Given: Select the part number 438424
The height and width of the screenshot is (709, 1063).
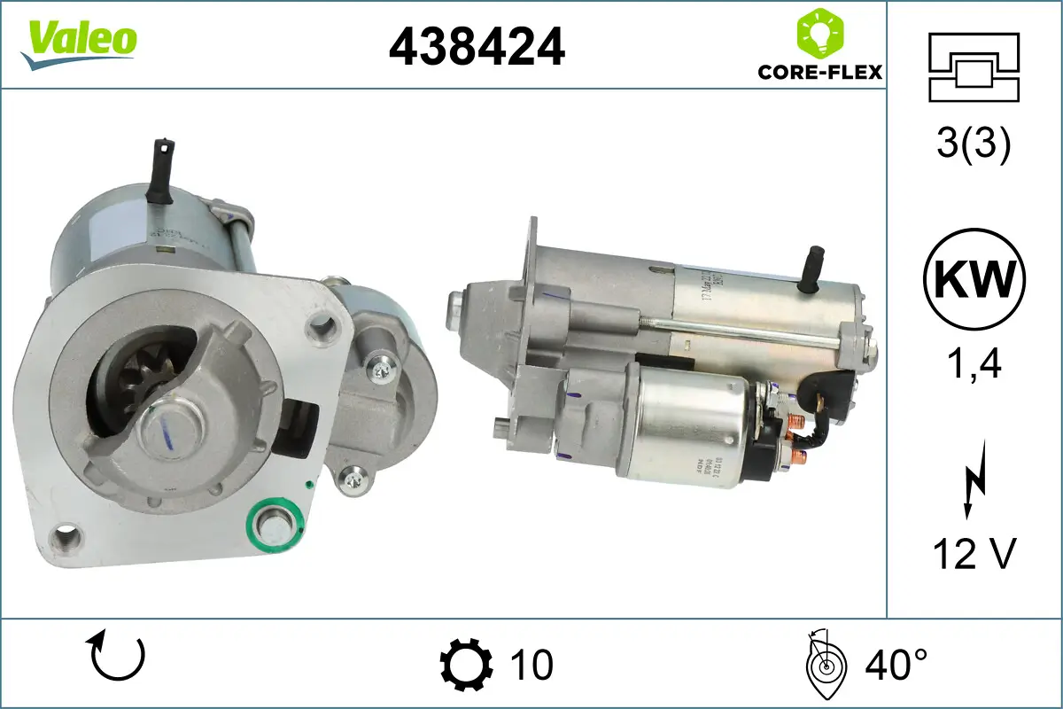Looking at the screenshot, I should click(477, 46).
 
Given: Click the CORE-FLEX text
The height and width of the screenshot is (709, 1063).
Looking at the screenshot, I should click(819, 72).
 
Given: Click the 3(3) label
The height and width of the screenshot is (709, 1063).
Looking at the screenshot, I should click(974, 145).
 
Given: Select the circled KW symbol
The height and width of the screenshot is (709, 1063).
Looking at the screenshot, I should click(974, 280).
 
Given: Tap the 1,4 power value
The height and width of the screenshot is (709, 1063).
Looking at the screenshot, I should click(974, 363).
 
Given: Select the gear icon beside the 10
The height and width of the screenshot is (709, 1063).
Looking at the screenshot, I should click(466, 665).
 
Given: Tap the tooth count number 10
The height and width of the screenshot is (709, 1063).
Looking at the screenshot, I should click(531, 665).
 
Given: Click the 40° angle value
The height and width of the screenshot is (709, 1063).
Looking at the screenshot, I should click(895, 664).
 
